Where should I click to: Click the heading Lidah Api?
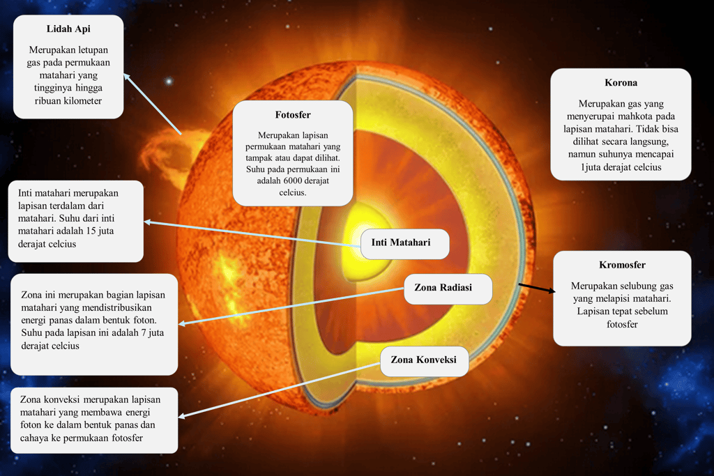(68, 29)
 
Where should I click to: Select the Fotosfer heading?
(293, 114)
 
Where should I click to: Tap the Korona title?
(621, 82)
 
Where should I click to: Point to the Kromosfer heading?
(622, 265)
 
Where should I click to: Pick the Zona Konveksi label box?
(424, 360)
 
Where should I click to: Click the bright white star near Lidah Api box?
(168, 81)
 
